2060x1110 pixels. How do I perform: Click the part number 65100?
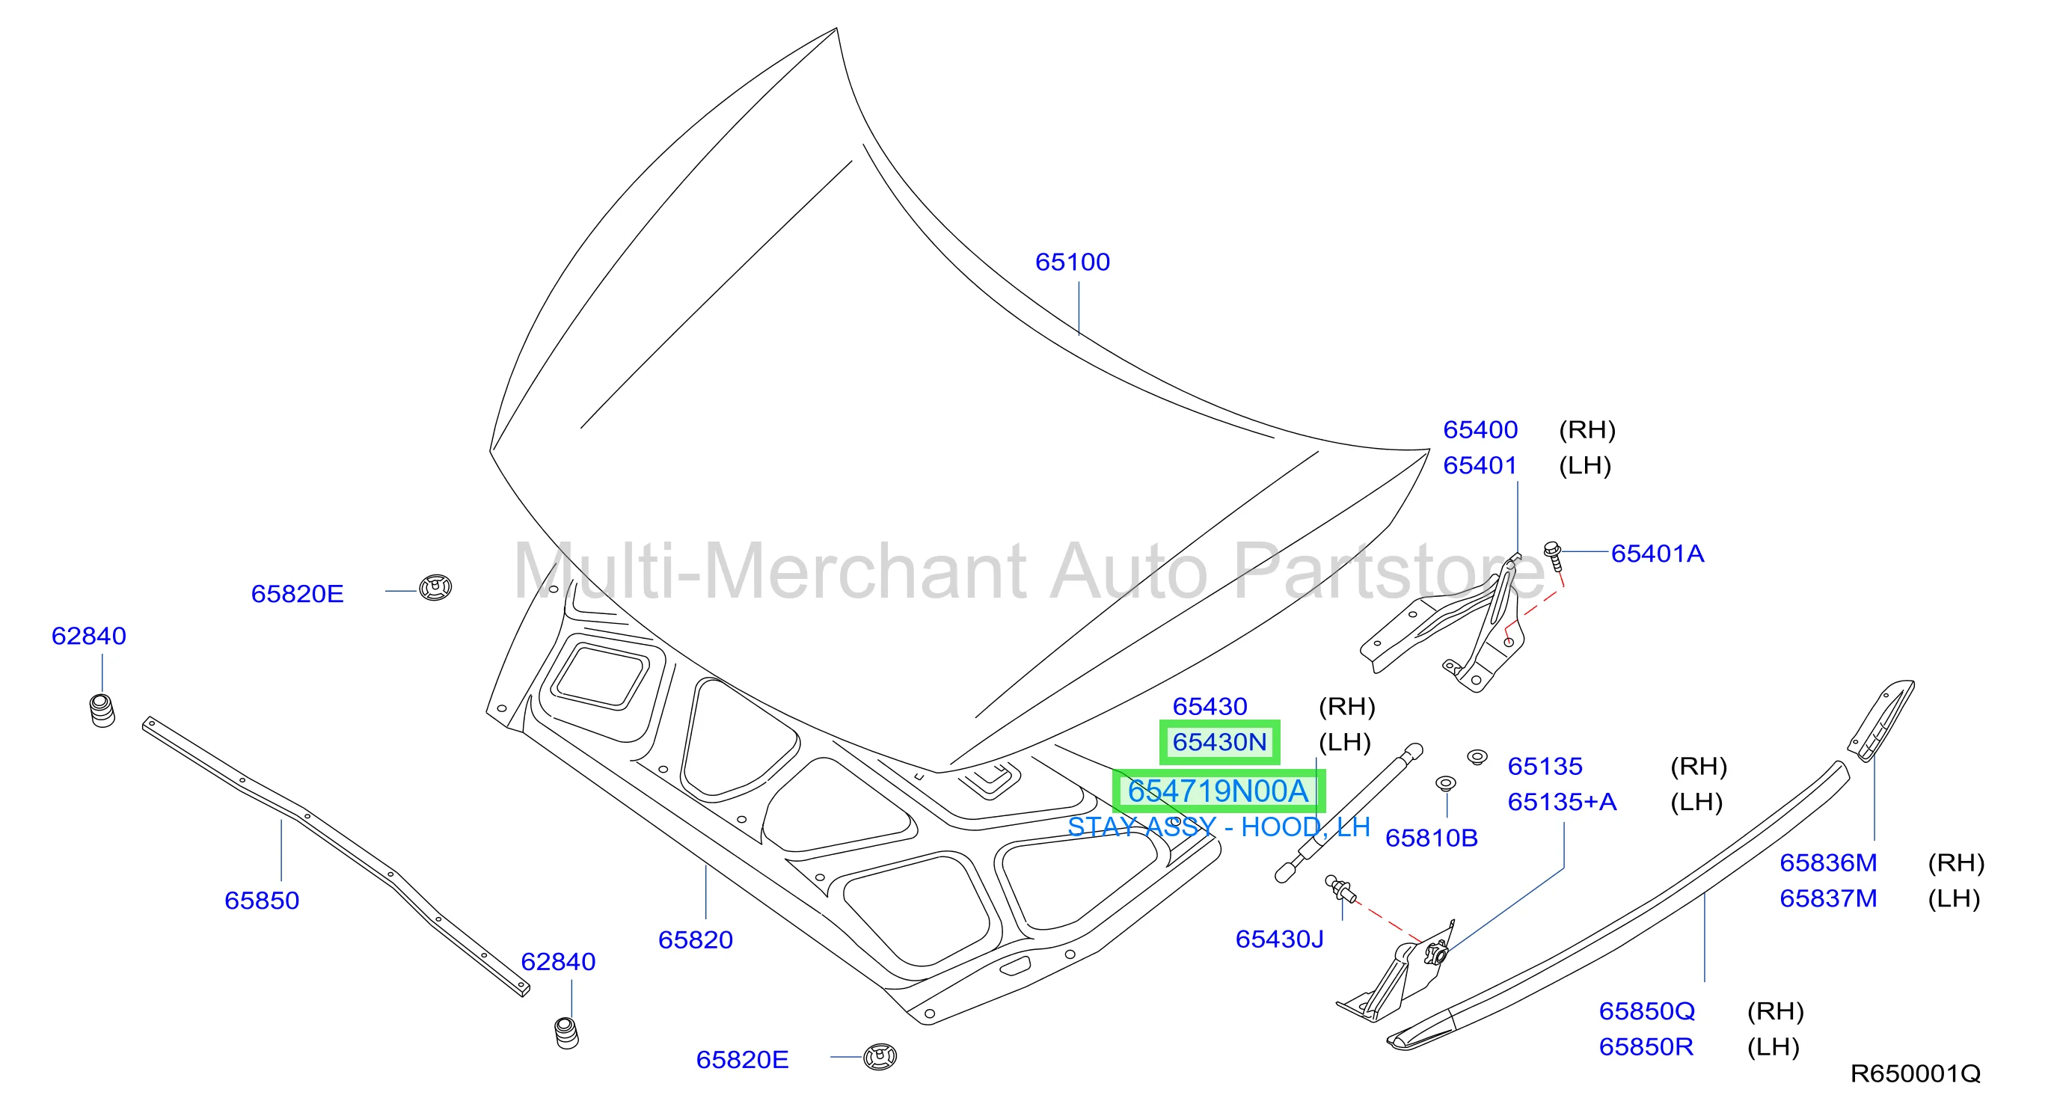click(x=1073, y=262)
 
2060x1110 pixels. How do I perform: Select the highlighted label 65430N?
click(x=1219, y=742)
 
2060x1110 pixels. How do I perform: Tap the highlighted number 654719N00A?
click(x=1218, y=791)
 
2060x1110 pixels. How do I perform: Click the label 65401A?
click(x=1657, y=554)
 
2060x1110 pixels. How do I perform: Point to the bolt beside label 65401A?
click(x=1553, y=556)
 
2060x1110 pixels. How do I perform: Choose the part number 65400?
click(x=1480, y=429)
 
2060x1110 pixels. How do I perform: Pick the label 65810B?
click(x=1432, y=837)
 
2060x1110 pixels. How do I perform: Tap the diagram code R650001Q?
click(x=1915, y=1073)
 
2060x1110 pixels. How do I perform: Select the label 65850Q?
click(x=1646, y=1011)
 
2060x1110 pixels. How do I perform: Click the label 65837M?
click(x=1828, y=898)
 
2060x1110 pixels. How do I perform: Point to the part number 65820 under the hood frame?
click(x=695, y=939)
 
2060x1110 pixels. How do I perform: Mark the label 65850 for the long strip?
click(x=262, y=901)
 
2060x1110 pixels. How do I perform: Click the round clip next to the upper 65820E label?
click(x=436, y=587)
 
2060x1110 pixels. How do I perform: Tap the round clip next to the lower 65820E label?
click(x=880, y=1056)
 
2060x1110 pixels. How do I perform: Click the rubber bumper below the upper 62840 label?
click(x=102, y=710)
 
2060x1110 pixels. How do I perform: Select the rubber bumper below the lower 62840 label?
click(x=566, y=1032)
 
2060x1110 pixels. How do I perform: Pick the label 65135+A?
click(x=1562, y=801)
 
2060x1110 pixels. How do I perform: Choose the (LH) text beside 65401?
click(x=1585, y=465)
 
